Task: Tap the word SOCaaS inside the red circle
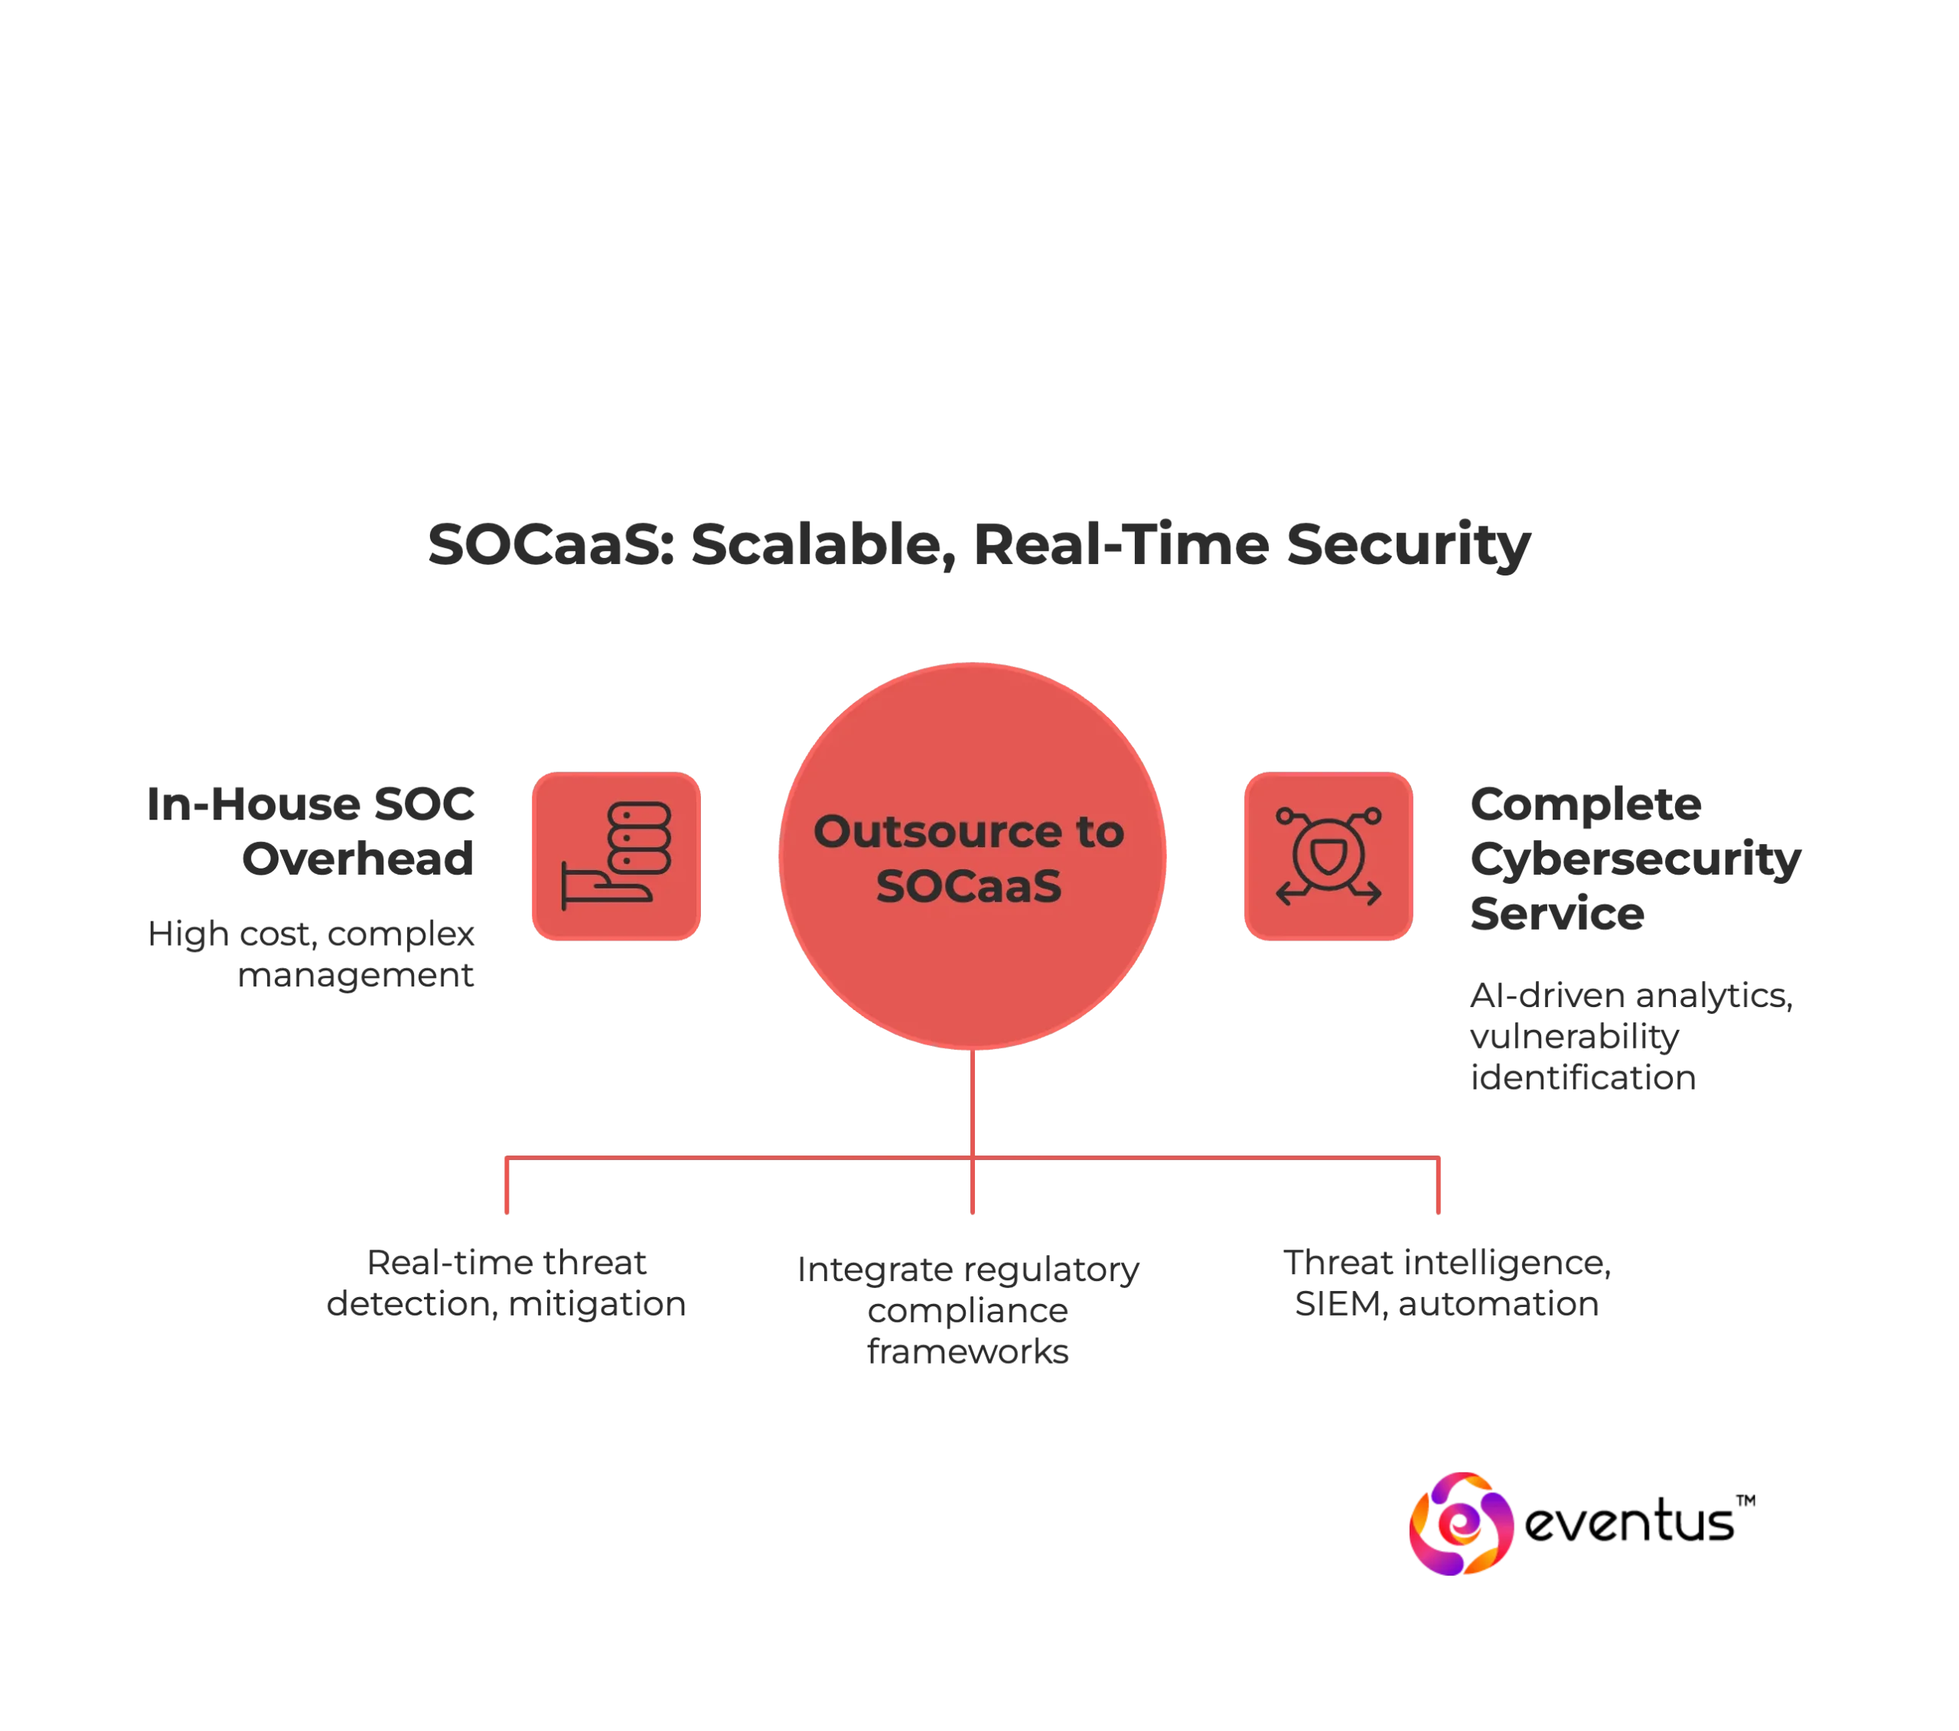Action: click(968, 885)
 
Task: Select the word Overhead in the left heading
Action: click(357, 856)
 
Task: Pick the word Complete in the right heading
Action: click(1586, 805)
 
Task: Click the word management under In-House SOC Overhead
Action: click(357, 979)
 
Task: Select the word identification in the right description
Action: click(1583, 1077)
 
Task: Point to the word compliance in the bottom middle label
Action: click(968, 1310)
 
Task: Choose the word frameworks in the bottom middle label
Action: click(968, 1351)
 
